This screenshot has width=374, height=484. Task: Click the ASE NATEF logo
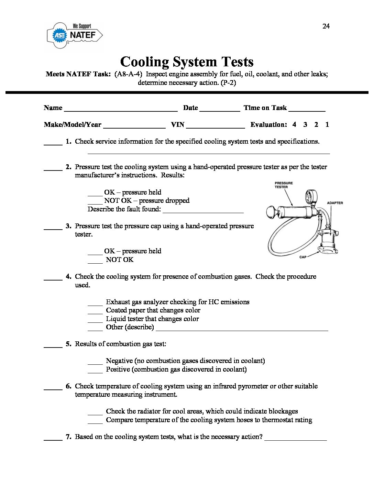click(75, 35)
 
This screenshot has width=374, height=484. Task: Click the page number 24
click(326, 26)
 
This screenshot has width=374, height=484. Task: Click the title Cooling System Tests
click(187, 62)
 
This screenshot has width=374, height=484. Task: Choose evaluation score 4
click(294, 125)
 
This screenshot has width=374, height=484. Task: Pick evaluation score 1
click(327, 125)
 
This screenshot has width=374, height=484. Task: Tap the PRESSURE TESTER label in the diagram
click(284, 185)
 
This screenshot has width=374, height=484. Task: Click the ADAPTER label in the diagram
click(335, 203)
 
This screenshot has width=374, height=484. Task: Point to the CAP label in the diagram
click(303, 257)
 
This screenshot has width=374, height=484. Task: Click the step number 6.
click(68, 386)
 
